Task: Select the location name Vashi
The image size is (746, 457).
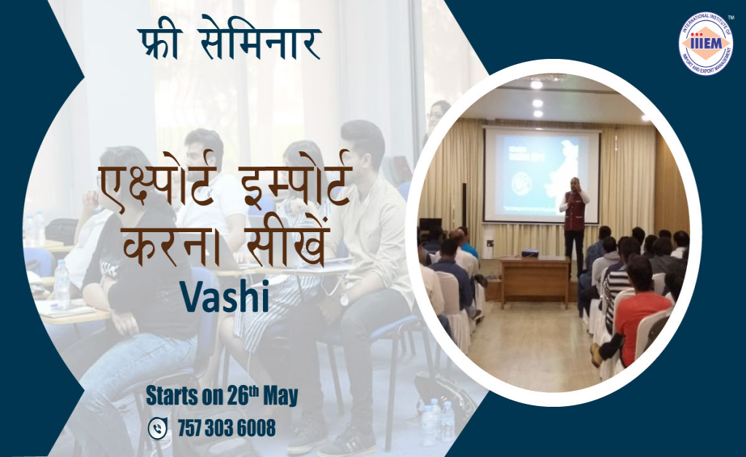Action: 224,295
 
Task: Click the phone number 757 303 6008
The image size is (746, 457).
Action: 227,429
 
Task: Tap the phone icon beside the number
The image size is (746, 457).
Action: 157,429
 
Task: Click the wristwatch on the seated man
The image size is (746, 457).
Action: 343,300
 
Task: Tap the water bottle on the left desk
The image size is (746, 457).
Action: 62,284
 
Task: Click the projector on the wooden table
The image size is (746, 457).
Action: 530,253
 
